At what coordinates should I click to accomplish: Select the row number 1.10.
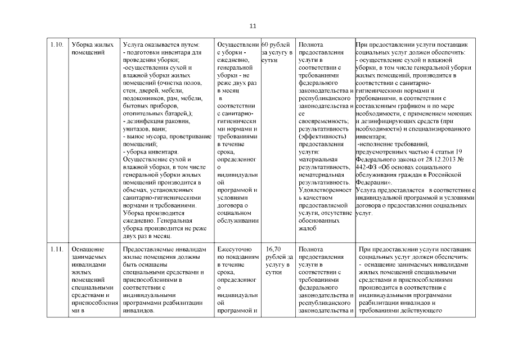click(56, 44)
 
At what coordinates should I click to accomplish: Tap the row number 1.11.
click(56, 249)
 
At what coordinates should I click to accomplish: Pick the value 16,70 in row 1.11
click(273, 249)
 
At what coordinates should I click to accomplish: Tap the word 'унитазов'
click(137, 128)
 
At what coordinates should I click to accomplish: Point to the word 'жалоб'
click(308, 228)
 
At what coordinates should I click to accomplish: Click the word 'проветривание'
click(184, 136)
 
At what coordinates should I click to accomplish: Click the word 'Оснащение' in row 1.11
click(85, 249)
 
